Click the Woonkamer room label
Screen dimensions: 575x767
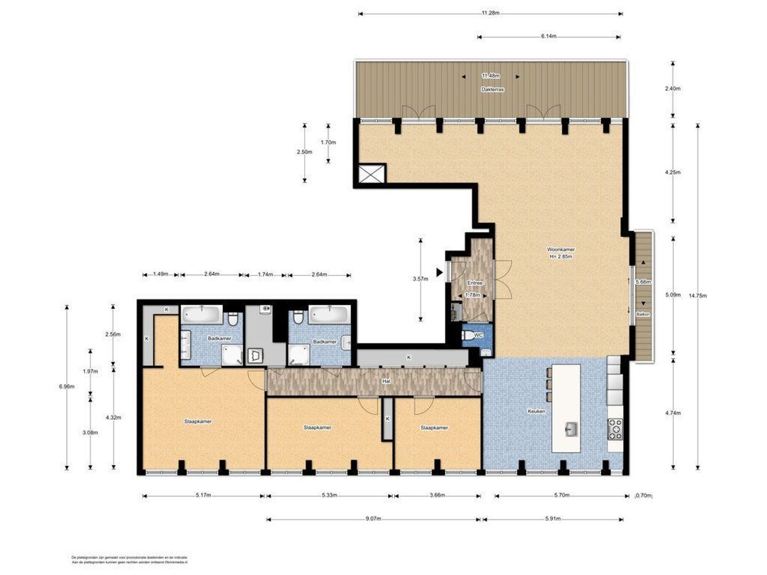(x=560, y=249)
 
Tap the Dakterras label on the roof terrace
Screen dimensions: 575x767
(x=492, y=90)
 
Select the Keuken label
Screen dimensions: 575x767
(x=536, y=411)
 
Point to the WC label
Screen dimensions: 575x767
(x=478, y=335)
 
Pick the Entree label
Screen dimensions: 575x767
(x=475, y=283)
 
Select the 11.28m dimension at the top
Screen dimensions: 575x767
(x=491, y=13)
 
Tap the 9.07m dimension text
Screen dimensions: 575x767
(x=373, y=519)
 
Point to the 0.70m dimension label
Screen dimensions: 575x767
(x=644, y=496)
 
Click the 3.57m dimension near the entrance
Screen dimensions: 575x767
(x=420, y=278)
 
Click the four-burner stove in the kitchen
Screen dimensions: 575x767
(x=615, y=429)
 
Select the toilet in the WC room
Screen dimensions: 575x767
(x=469, y=335)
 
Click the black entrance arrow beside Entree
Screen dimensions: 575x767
(x=439, y=273)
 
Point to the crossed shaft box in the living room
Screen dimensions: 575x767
(x=371, y=174)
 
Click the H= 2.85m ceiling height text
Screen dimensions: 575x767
(x=560, y=257)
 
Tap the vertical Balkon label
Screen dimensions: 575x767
(x=638, y=314)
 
